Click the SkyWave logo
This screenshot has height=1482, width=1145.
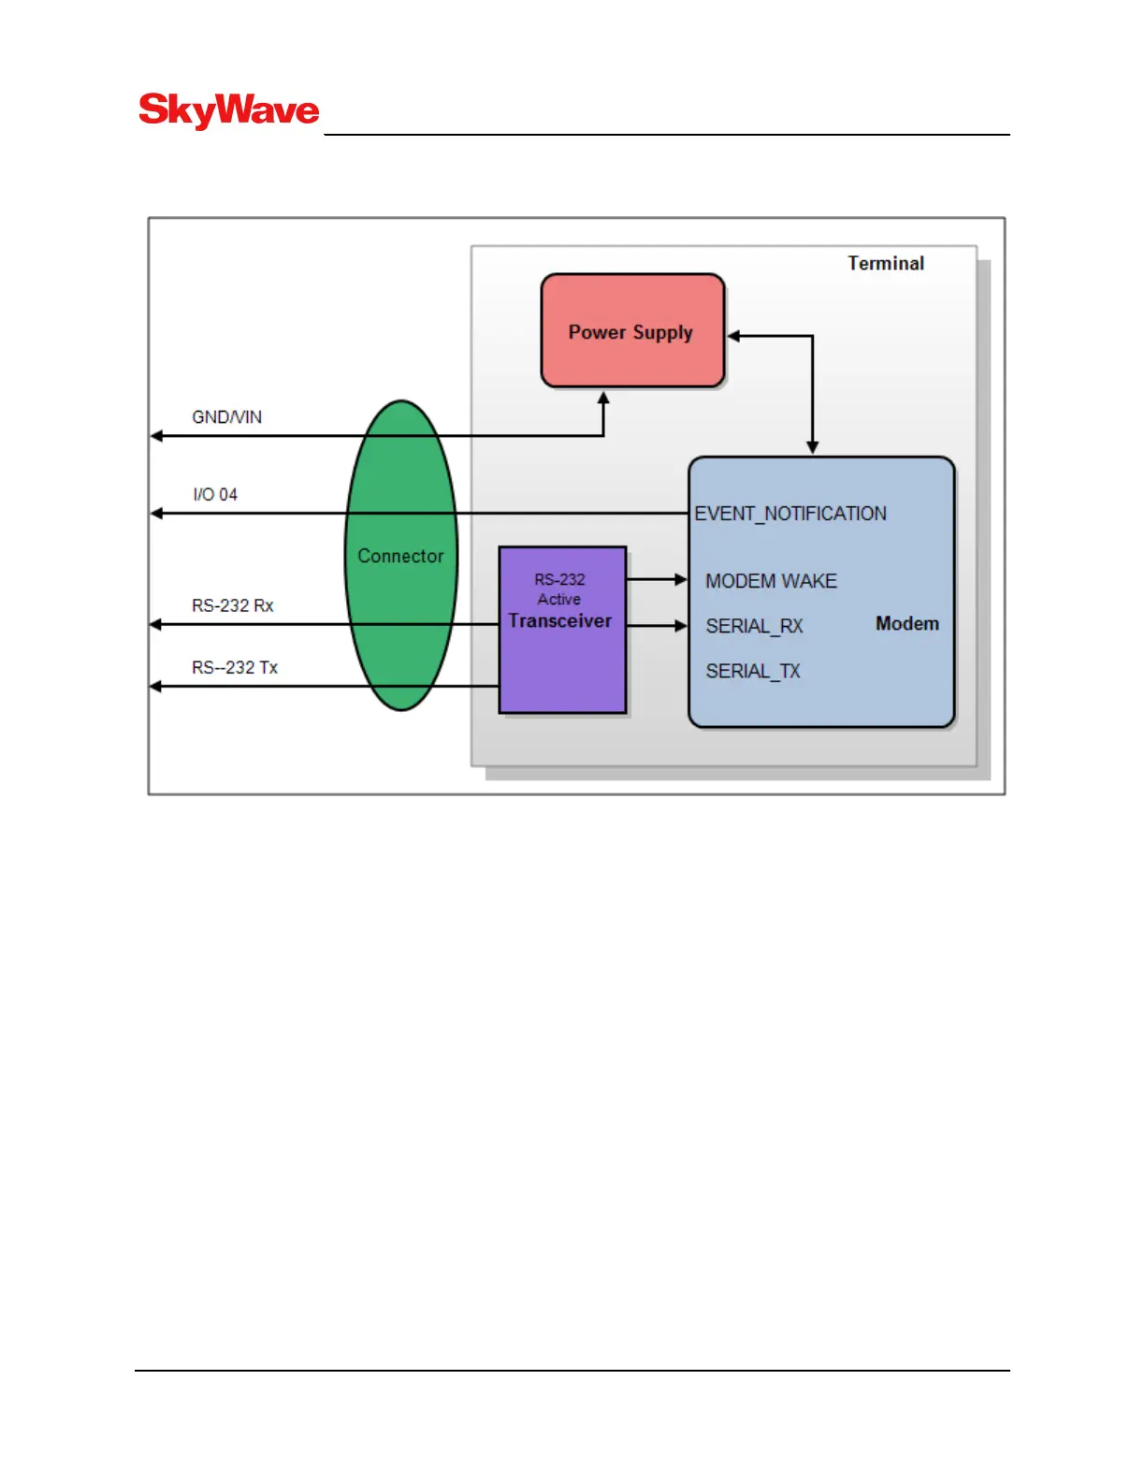click(x=229, y=110)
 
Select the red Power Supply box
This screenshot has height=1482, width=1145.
click(x=632, y=330)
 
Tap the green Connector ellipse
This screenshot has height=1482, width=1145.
click(x=401, y=555)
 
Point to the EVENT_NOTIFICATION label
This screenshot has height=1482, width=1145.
click(x=790, y=514)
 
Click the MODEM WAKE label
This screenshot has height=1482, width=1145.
click(x=771, y=581)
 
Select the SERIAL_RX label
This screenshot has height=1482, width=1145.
click(x=754, y=626)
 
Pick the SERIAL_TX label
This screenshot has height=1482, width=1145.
click(x=753, y=671)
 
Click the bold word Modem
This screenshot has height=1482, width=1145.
click(x=906, y=623)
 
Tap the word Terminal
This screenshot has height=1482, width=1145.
click(x=885, y=263)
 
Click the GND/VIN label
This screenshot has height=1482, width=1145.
click(x=226, y=417)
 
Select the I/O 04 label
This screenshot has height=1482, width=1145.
click(x=215, y=494)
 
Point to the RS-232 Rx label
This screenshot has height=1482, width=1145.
click(x=232, y=605)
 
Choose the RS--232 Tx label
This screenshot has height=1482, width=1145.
click(x=235, y=667)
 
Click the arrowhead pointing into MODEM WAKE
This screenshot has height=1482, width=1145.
click(x=682, y=580)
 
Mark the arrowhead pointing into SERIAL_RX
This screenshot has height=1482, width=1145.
click(x=682, y=625)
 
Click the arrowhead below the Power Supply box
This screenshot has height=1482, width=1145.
click(x=603, y=399)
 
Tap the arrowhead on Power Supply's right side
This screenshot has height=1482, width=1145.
click(x=734, y=336)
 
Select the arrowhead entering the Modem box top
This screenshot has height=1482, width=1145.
click(x=812, y=448)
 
